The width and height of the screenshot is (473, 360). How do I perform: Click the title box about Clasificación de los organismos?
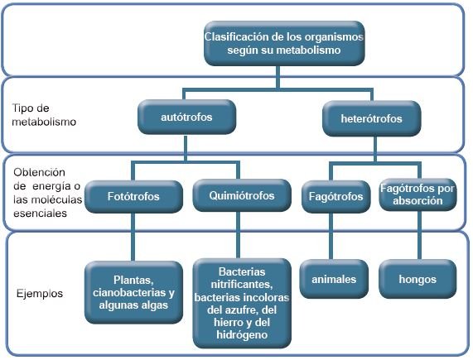[284, 43]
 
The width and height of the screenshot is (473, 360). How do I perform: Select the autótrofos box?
[186, 117]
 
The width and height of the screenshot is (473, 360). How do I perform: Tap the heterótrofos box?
[371, 118]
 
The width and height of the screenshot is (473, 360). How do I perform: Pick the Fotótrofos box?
[133, 196]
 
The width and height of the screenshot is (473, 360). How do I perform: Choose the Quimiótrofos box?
[242, 195]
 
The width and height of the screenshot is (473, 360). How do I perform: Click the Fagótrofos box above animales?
[335, 196]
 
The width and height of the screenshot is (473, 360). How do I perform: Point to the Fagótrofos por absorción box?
[417, 194]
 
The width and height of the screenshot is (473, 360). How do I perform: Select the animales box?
[334, 279]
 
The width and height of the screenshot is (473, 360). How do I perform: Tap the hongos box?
[417, 279]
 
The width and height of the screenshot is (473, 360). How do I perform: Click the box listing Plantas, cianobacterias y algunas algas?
[133, 292]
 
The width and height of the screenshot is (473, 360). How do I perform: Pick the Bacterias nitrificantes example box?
[242, 304]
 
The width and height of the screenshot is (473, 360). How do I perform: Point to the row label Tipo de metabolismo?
[44, 115]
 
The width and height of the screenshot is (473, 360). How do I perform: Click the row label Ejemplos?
[40, 293]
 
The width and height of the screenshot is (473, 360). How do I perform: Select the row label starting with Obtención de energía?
[47, 193]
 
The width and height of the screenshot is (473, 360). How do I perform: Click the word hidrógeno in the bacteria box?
[242, 334]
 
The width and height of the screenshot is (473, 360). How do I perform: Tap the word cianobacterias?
[129, 292]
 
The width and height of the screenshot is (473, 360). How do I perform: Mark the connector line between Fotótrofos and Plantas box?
[133, 237]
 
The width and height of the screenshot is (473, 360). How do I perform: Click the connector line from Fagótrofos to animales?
[331, 236]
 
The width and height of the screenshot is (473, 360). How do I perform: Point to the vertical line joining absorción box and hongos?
[419, 235]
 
